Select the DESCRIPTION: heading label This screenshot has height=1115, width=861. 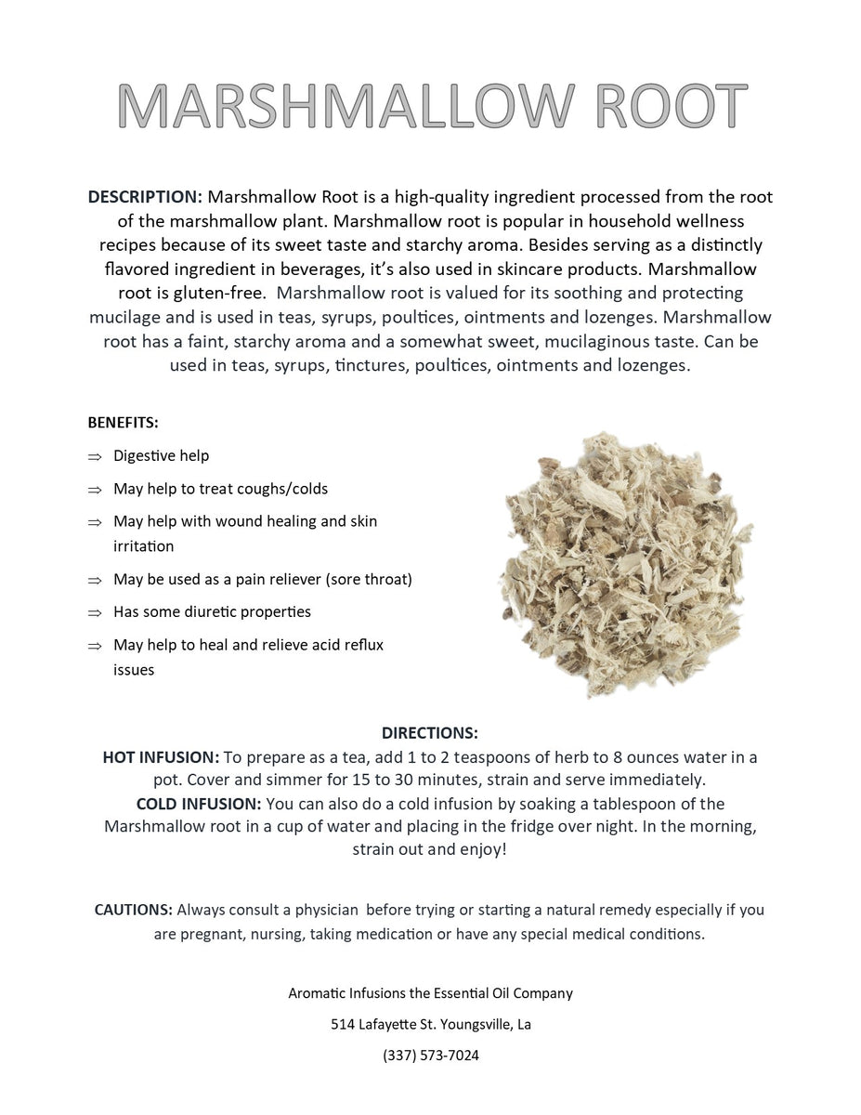[145, 197]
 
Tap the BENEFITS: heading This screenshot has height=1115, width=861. [123, 423]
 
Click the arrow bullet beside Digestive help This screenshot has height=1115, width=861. [94, 456]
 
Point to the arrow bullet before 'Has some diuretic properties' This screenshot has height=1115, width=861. [94, 612]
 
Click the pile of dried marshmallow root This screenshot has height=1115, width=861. [623, 561]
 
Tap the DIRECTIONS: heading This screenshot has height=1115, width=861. [430, 733]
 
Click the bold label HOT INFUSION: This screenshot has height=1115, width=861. [161, 757]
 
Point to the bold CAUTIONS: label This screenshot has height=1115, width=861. [133, 910]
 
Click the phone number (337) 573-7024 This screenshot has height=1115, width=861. [430, 1056]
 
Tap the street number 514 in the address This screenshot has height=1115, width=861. [343, 1025]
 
